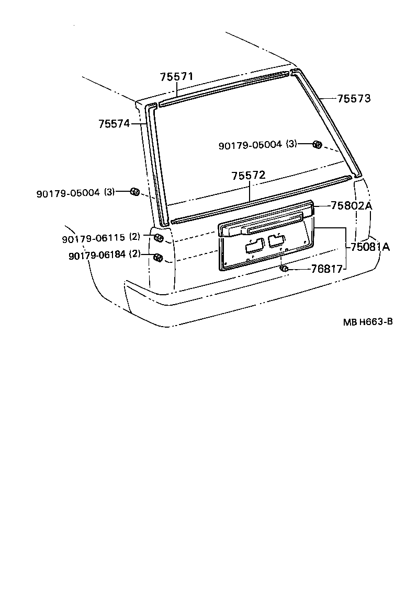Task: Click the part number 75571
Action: pyautogui.click(x=176, y=77)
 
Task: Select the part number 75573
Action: pyautogui.click(x=354, y=98)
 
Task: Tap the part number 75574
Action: pyautogui.click(x=114, y=124)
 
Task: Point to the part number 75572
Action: pyautogui.click(x=249, y=176)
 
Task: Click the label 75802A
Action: pyautogui.click(x=351, y=206)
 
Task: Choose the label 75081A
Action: pyautogui.click(x=370, y=247)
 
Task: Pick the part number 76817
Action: pyautogui.click(x=326, y=269)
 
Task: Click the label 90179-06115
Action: pyautogui.click(x=93, y=238)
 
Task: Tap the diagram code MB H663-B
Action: pyautogui.click(x=368, y=322)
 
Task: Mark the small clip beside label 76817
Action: pyautogui.click(x=285, y=269)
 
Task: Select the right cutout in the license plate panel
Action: pyautogui.click(x=276, y=241)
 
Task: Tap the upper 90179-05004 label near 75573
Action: pyautogui.click(x=250, y=145)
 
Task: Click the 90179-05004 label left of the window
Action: pyautogui.click(x=68, y=193)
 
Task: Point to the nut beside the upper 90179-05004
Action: pyautogui.click(x=317, y=144)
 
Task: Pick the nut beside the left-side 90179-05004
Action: pyautogui.click(x=134, y=192)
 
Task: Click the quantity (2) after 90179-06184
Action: pyautogui.click(x=135, y=254)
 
